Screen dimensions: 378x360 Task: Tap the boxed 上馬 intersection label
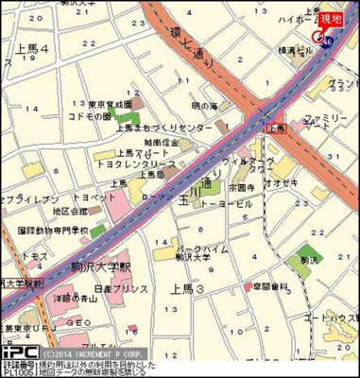click(x=276, y=127)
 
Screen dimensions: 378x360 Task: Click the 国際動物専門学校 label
click(x=51, y=230)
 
